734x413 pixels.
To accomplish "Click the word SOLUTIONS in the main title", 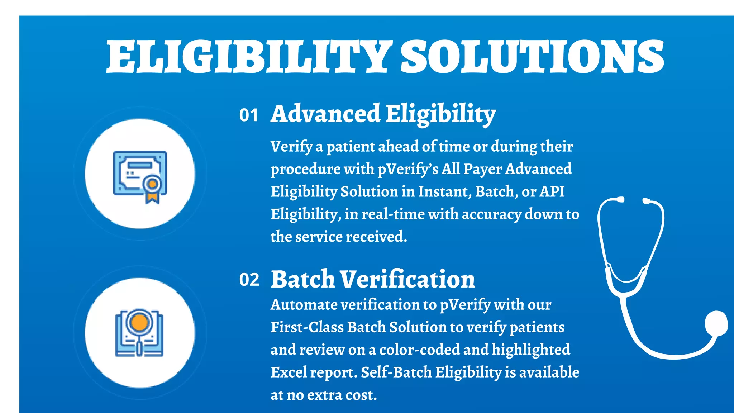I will coord(532,56).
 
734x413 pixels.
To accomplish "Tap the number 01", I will coord(249,115).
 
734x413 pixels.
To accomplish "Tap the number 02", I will coord(249,280).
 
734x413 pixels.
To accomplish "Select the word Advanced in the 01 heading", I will coord(325,114).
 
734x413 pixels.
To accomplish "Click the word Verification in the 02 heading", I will coord(407,279).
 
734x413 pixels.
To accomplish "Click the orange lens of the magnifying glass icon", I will coord(139,322).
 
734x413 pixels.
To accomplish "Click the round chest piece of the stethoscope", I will coord(716,324).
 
